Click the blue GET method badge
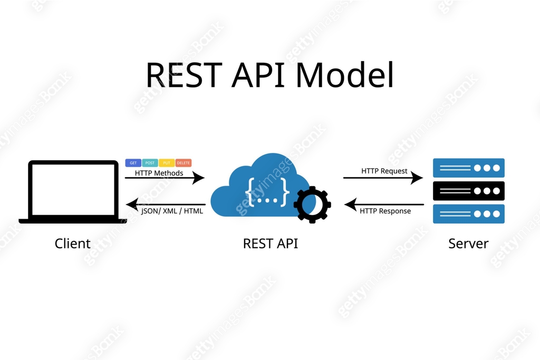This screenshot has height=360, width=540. coord(133,163)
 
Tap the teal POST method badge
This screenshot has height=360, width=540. coord(150,163)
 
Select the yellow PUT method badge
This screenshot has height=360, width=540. coord(167,163)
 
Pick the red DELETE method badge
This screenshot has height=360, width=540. coord(184,163)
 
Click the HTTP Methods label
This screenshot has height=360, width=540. coord(159,173)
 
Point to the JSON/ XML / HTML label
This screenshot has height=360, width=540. coord(172,211)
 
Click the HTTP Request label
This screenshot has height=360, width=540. coord(384,171)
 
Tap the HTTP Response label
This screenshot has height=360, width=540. coord(385,211)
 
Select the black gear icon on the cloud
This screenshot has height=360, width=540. coord(312,204)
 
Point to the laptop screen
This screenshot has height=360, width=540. coord(73,189)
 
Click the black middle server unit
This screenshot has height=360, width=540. coord(468,191)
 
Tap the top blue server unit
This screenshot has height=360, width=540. coord(468,168)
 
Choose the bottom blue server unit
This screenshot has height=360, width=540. coord(468,214)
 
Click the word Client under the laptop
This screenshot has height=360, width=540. coord(73,244)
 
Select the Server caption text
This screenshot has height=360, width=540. coord(468,244)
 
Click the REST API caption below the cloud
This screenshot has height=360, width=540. coord(270,244)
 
